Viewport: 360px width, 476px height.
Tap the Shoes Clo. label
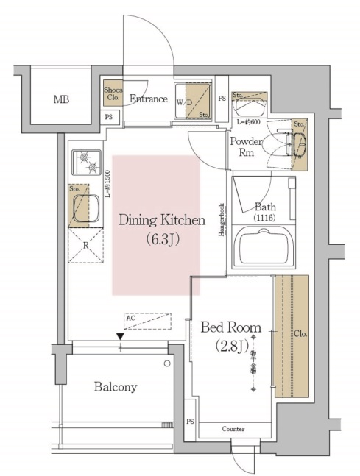coord(113,93)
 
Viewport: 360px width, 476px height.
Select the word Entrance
coord(149,98)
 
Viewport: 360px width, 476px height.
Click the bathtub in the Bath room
coord(261,246)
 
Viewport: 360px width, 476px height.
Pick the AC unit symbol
coord(147,321)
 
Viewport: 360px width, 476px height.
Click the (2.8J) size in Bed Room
coord(227,345)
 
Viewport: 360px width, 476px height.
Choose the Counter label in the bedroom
coord(233,429)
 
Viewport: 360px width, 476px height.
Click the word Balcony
coord(115,386)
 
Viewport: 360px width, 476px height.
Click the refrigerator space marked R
coord(85,244)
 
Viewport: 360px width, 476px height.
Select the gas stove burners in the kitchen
coord(88,162)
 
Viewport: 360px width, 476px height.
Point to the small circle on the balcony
coord(168,363)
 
